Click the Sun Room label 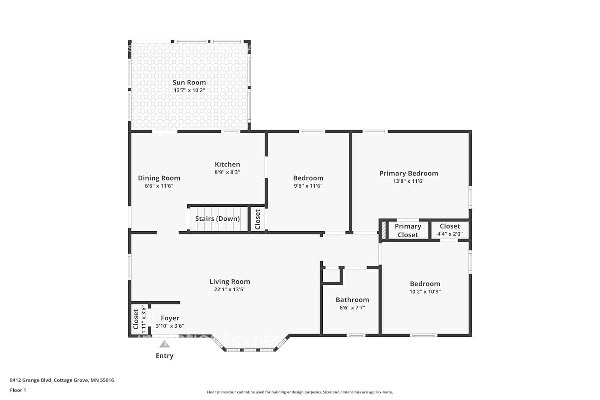[189, 82]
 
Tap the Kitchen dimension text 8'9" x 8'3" [227, 172]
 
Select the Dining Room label [159, 178]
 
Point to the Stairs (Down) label [217, 219]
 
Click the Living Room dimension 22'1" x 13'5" [230, 290]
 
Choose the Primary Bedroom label [408, 173]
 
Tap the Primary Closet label [408, 230]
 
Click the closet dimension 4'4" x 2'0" [450, 234]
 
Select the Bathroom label [352, 300]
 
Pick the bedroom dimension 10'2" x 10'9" [425, 292]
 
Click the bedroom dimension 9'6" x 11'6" [308, 186]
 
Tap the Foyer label [170, 318]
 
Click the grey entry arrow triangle [164, 344]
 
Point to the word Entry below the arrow [164, 356]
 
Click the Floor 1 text [18, 390]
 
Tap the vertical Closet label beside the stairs [258, 219]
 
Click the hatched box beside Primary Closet [383, 231]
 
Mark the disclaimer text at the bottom [300, 392]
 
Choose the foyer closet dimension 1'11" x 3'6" [143, 319]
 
